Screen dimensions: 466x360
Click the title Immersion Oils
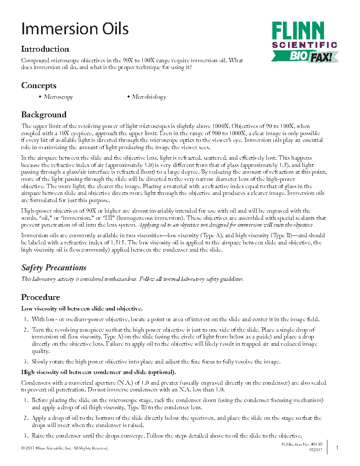(x=75, y=29)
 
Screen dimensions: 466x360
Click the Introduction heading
(x=45, y=49)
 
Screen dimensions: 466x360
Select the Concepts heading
(x=39, y=86)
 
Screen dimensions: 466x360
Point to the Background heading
(x=44, y=115)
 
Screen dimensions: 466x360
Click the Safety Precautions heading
(x=54, y=268)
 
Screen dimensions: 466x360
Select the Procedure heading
(x=41, y=297)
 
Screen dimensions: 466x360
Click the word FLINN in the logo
(x=298, y=31)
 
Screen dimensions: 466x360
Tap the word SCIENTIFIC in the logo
(x=305, y=45)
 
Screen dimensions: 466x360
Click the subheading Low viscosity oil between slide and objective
(x=82, y=308)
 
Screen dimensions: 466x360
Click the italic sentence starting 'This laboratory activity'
(x=133, y=279)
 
